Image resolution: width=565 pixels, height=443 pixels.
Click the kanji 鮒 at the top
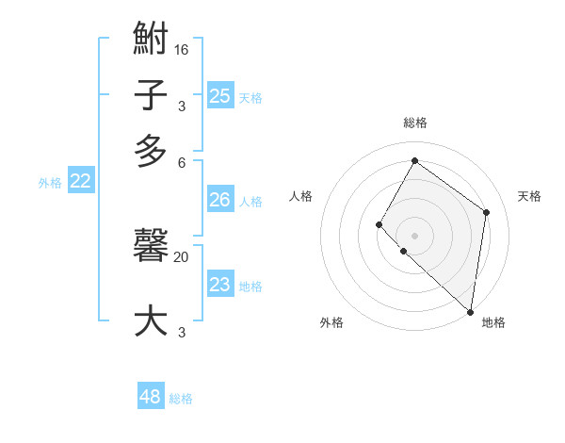[151, 40]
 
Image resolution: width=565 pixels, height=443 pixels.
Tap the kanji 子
[151, 95]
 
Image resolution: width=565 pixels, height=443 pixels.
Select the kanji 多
[151, 151]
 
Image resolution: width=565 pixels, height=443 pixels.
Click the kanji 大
[151, 320]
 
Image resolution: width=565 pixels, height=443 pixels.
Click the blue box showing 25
[220, 95]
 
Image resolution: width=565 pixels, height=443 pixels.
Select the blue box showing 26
[219, 200]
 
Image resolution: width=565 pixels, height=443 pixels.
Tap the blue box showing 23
[219, 285]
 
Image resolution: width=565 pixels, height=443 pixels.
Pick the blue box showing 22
[80, 182]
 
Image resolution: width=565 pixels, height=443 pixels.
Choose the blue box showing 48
[151, 397]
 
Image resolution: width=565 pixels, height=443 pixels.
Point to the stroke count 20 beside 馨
[182, 256]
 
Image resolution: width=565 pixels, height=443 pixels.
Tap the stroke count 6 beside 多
[182, 161]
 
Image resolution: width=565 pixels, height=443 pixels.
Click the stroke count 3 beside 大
[182, 332]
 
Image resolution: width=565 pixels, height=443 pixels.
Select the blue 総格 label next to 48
[181, 399]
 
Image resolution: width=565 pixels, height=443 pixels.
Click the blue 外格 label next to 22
[50, 183]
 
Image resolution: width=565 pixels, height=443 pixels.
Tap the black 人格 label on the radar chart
[301, 196]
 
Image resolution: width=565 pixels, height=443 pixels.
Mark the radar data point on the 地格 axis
[470, 311]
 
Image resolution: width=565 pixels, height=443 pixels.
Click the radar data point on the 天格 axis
[487, 212]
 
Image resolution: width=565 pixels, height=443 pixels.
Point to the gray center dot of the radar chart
[414, 235]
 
